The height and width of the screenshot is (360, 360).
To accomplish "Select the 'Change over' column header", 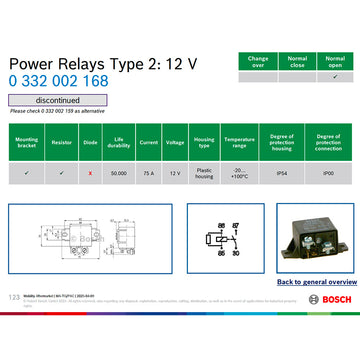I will click(258, 61).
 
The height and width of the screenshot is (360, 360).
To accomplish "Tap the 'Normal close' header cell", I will click(297, 61).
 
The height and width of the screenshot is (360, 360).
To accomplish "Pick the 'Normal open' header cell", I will click(335, 61).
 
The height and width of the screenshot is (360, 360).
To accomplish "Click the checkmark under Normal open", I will click(335, 77).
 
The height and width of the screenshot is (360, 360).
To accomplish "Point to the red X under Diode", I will click(90, 173).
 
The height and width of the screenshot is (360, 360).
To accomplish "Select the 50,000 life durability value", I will click(119, 173).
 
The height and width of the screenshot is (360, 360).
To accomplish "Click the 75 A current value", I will click(148, 173).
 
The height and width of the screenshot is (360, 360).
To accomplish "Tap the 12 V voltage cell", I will click(176, 173).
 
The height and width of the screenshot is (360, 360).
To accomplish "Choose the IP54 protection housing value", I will click(283, 173).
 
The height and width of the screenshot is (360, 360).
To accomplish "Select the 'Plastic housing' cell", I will click(204, 173).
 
